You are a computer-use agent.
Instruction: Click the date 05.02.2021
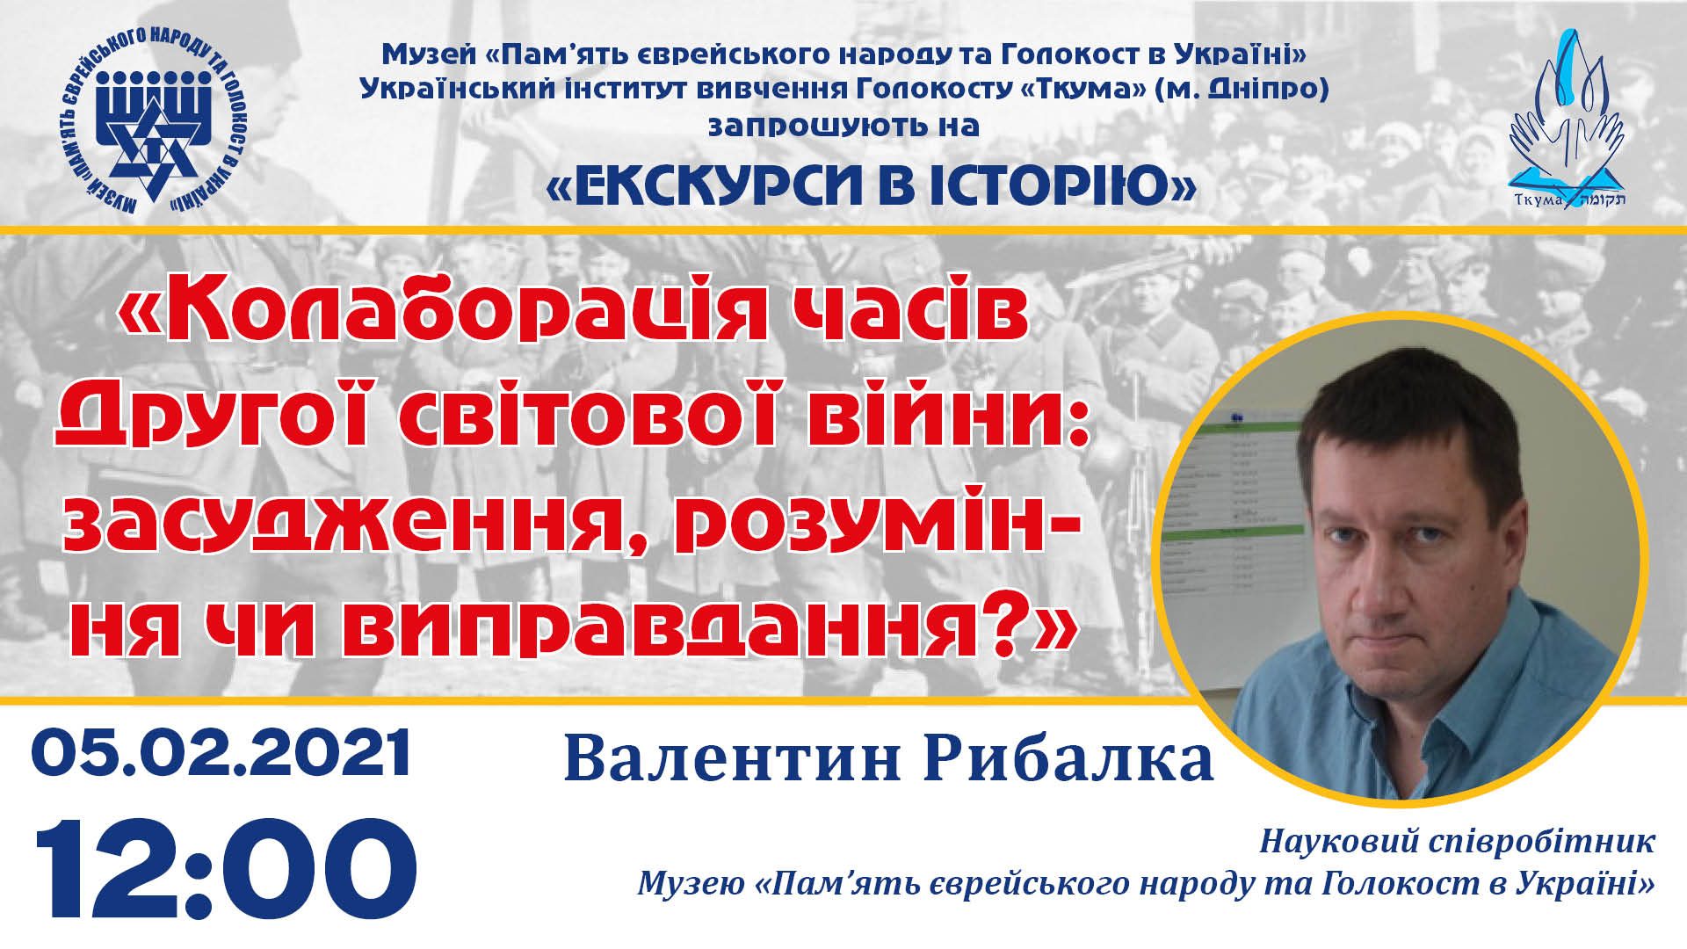[x=221, y=752]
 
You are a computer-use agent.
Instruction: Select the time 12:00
[x=225, y=868]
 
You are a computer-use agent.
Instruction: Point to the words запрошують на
[x=843, y=126]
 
